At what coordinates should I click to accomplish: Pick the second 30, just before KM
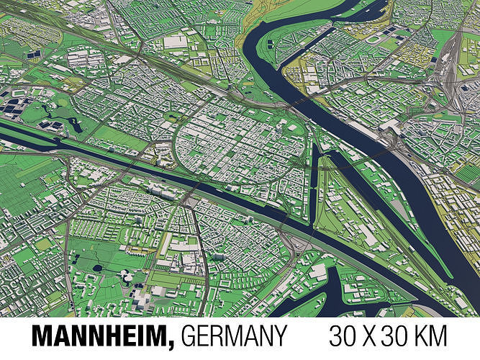pos(403,336)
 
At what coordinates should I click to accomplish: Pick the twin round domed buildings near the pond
pos(127,276)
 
